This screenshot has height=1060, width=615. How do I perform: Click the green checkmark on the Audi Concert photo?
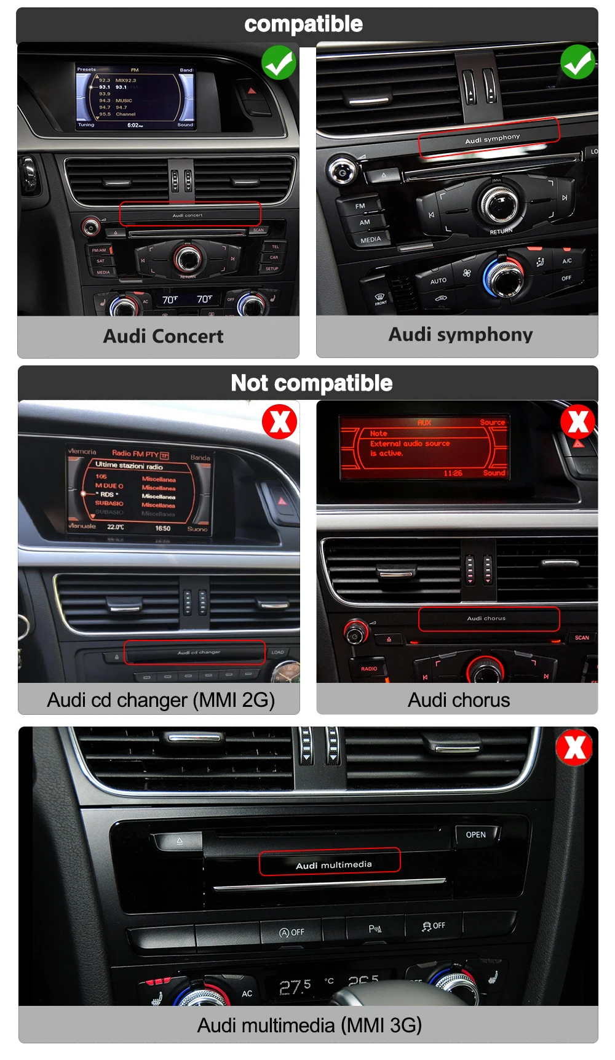(x=279, y=63)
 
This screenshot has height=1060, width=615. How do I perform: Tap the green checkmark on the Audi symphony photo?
(x=577, y=62)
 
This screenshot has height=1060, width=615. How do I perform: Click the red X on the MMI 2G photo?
(x=280, y=422)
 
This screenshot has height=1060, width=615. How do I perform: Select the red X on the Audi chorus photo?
(x=578, y=421)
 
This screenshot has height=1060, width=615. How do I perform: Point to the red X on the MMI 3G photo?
(x=574, y=747)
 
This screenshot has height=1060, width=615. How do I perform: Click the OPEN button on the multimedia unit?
(x=476, y=835)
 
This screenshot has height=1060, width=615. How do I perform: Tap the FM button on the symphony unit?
(x=360, y=206)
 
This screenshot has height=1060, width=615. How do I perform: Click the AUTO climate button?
(x=438, y=281)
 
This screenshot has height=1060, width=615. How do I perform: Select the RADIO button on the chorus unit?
(x=369, y=668)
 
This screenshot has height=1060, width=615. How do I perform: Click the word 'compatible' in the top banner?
(x=304, y=25)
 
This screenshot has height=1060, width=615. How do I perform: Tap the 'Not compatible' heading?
(x=311, y=383)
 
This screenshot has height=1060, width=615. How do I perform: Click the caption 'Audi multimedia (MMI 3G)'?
(x=309, y=1025)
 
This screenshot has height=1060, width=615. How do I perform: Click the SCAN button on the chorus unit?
(x=582, y=638)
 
